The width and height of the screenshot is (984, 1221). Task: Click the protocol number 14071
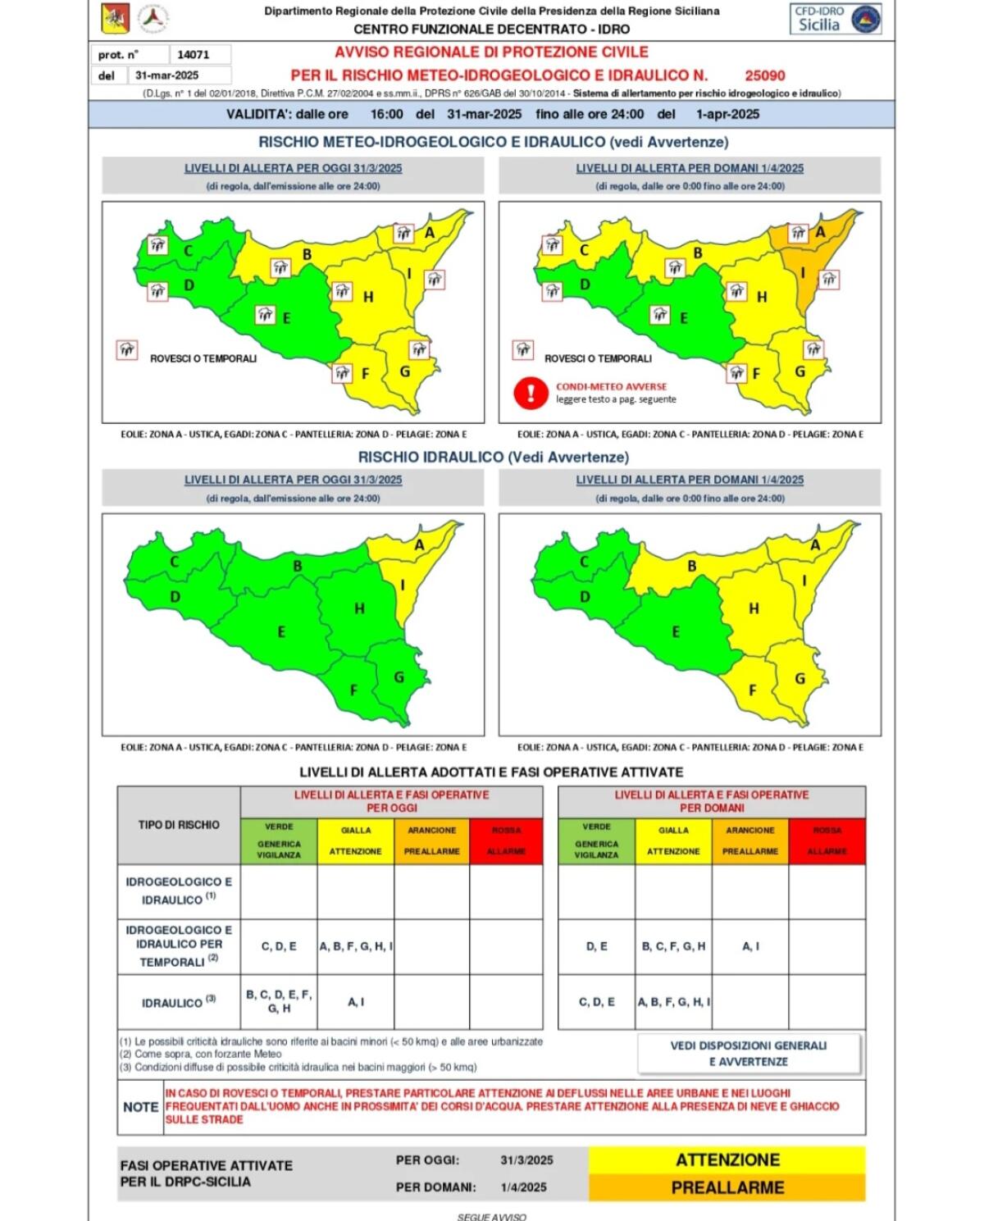[194, 55]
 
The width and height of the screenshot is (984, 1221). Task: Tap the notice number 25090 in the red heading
[764, 75]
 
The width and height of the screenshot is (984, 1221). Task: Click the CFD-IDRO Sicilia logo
[836, 19]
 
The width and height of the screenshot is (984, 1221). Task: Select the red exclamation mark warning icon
[531, 392]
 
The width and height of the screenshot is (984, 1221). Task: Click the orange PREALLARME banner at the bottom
[727, 1187]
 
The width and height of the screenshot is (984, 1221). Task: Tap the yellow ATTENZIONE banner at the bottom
[727, 1159]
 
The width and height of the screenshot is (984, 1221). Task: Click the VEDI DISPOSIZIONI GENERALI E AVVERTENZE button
[749, 1054]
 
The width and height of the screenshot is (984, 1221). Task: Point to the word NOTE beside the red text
[140, 1107]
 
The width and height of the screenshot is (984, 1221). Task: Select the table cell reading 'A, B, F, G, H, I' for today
[356, 946]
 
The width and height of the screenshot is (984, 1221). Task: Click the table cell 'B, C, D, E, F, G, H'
[279, 1001]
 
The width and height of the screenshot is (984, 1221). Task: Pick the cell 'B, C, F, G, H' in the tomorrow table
[673, 946]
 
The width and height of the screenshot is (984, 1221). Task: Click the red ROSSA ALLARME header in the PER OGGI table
[506, 841]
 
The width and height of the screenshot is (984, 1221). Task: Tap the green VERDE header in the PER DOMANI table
[596, 841]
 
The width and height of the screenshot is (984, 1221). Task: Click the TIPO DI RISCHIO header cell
[179, 825]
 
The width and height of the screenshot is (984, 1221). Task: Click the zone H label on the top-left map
[368, 297]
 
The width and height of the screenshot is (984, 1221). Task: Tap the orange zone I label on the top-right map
[804, 272]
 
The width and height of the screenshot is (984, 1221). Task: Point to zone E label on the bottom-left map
[281, 632]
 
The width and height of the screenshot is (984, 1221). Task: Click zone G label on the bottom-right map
[799, 678]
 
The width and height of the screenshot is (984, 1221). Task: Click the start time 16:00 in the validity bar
[386, 114]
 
